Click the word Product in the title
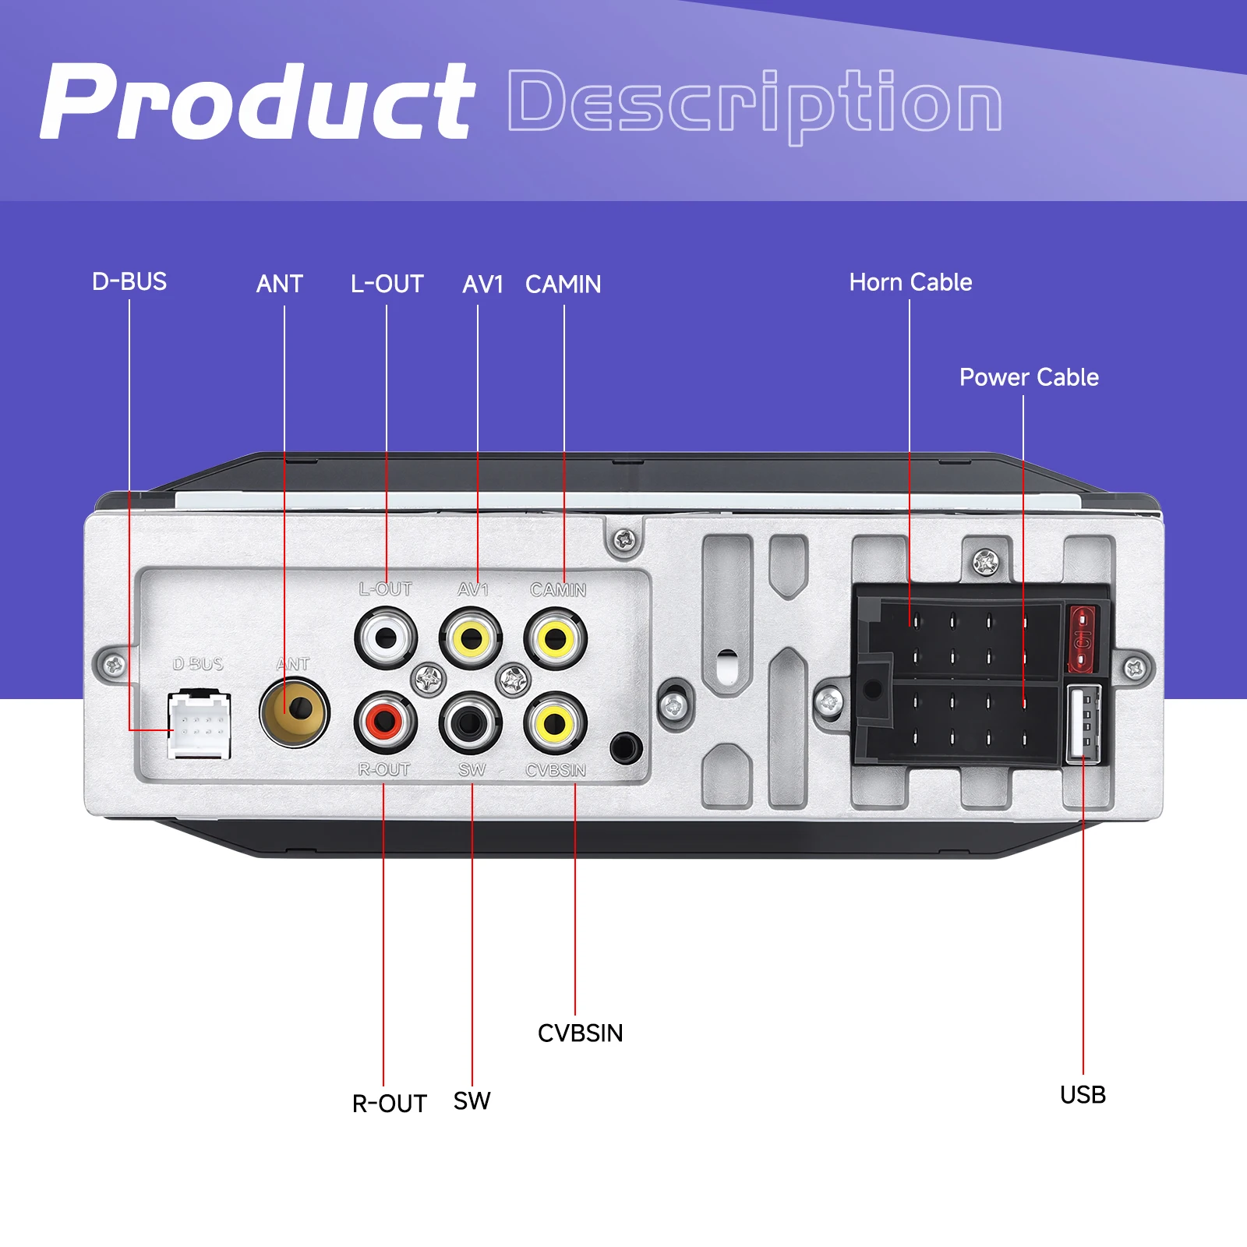pos(257,103)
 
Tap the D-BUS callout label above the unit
pos(129,281)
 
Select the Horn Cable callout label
pos(910,282)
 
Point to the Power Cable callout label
pos(1029,377)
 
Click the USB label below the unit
pos(1083,1095)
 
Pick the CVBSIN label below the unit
pos(580,1033)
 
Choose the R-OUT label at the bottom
pos(389,1104)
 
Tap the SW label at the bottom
pos(472,1101)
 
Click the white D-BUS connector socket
pos(199,725)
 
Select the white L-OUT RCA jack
pos(386,638)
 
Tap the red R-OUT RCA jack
pos(385,722)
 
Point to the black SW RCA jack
pos(470,722)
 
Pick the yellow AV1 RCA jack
pos(470,638)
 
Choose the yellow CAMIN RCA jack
pos(555,638)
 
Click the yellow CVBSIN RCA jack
pos(555,722)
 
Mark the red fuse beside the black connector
pos(1082,638)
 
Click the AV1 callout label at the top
pos(482,284)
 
